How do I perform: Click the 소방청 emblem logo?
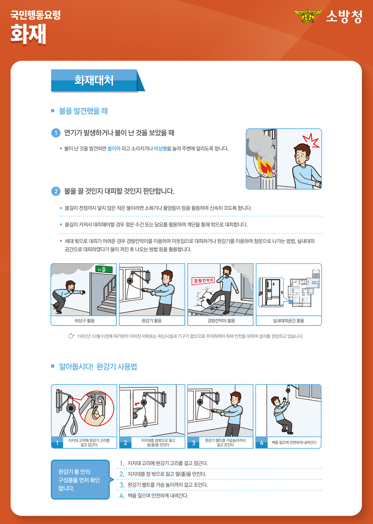coord(308,17)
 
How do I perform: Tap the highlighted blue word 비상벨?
coord(160,149)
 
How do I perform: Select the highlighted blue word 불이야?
coord(114,149)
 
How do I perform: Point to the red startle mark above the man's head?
coord(311,141)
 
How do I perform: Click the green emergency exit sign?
coord(104,269)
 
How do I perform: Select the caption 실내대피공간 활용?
coord(288,321)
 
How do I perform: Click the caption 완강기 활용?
coord(152,321)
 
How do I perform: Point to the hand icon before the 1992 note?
coord(72,336)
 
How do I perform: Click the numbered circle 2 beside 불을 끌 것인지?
coord(56,191)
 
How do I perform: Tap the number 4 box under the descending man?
coord(262,443)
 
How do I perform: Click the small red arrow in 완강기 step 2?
coord(137,404)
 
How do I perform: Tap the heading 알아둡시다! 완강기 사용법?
coord(98,367)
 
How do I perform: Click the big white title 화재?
coord(28,34)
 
